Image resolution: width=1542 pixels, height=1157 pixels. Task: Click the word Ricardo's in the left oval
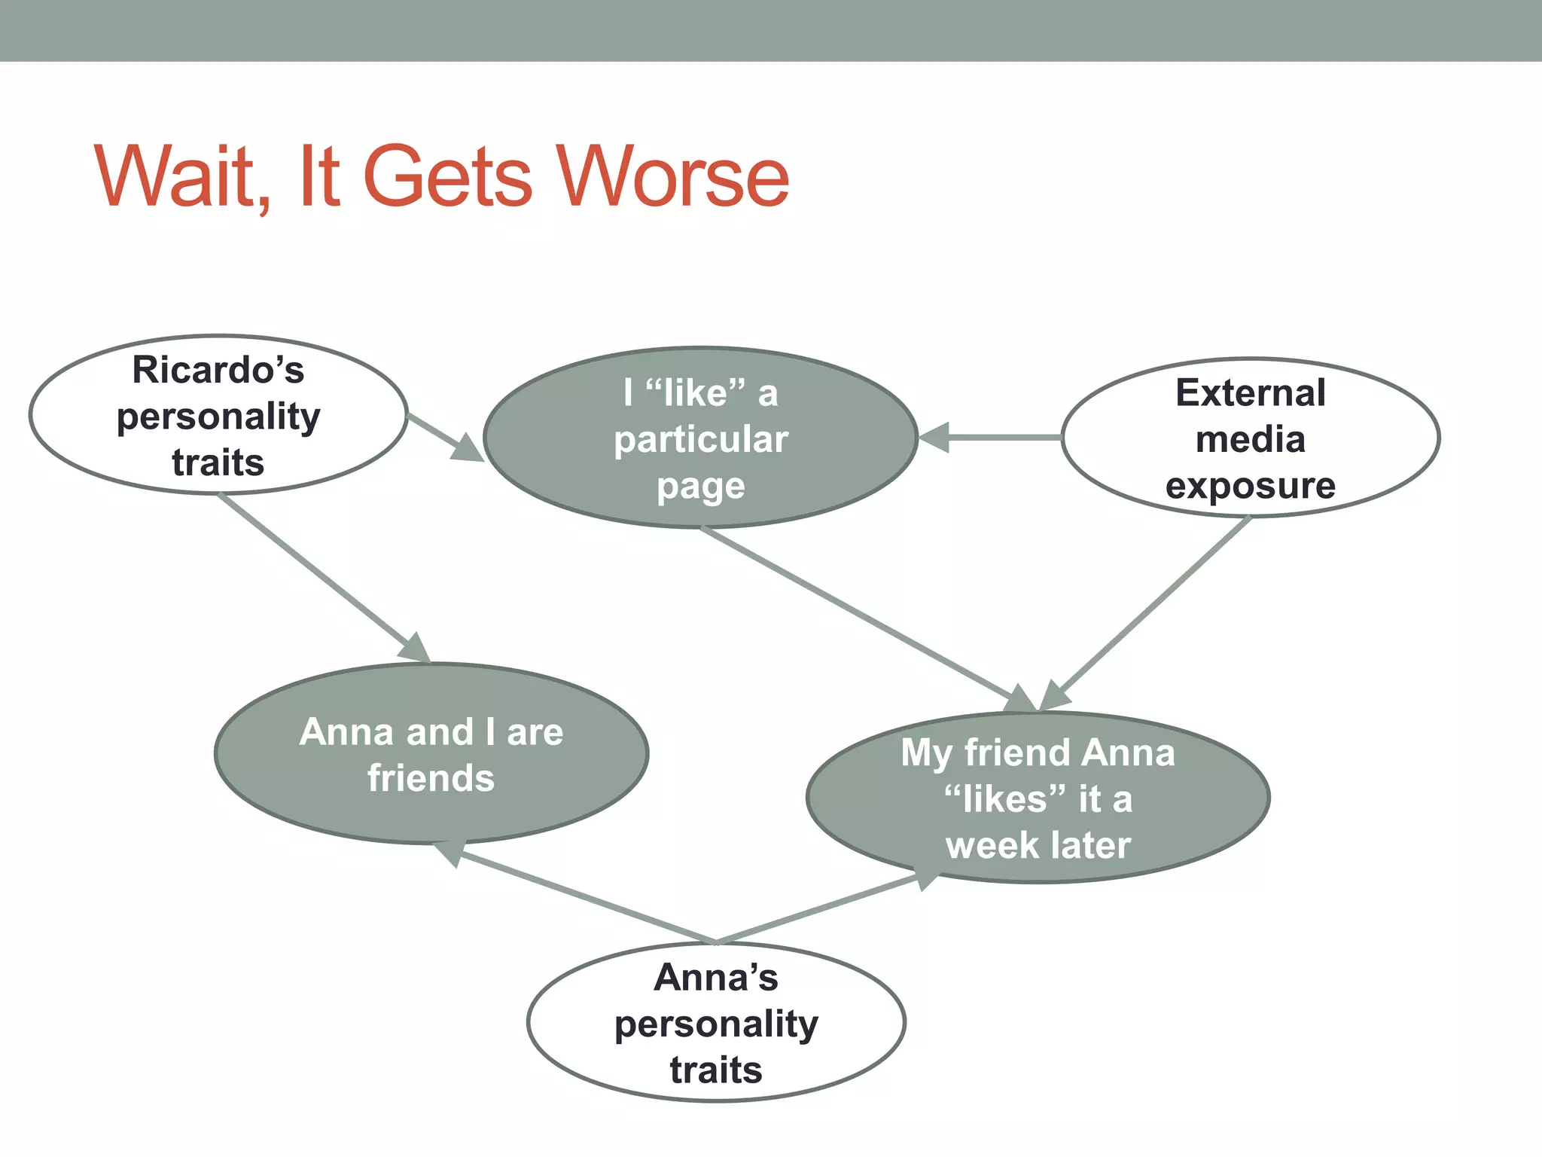218,370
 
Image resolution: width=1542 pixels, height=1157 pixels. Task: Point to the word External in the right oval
1251,393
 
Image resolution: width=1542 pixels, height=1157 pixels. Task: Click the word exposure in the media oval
1251,486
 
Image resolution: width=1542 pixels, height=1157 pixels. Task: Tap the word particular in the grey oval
701,439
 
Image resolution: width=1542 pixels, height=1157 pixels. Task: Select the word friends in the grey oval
431,778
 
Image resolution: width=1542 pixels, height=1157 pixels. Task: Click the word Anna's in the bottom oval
716,978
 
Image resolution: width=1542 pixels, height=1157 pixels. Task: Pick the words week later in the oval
1038,845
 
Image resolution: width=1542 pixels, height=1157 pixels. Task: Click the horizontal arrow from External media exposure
994,437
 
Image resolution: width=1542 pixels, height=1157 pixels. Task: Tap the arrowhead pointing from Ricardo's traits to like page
467,449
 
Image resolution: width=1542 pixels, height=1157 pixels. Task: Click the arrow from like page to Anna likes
858,613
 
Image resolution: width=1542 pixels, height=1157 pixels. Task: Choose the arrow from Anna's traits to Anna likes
821,909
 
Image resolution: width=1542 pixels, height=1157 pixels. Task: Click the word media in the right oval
1251,439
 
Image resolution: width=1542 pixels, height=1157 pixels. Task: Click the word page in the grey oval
701,486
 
